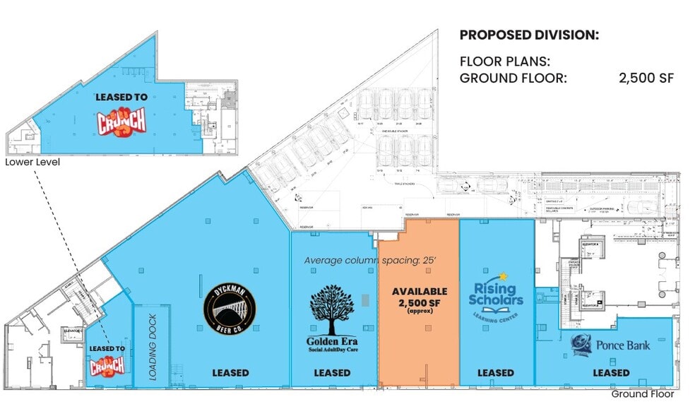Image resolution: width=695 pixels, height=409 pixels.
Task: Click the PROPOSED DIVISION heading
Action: click(x=529, y=35)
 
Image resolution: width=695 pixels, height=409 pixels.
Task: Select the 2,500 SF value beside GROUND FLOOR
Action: click(x=646, y=78)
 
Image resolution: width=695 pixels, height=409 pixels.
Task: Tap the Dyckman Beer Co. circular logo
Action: click(x=230, y=307)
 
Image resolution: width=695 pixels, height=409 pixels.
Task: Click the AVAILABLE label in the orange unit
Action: click(x=420, y=291)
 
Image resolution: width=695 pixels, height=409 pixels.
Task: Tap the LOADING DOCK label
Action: click(x=152, y=347)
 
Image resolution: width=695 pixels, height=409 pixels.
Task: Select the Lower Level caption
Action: click(x=32, y=162)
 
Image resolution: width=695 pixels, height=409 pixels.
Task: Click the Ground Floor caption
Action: click(x=642, y=395)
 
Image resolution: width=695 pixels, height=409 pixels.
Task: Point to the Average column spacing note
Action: click(x=370, y=260)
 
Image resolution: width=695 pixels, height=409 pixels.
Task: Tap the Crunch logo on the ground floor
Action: click(x=107, y=364)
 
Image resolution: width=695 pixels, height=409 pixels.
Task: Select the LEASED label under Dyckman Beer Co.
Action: click(x=230, y=372)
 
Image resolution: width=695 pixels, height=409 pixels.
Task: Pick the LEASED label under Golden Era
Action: click(x=332, y=372)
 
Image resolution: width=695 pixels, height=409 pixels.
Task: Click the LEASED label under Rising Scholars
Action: click(x=495, y=372)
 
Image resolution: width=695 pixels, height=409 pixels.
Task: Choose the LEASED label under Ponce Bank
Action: click(x=611, y=372)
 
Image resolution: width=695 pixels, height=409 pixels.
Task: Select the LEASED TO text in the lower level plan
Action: click(x=121, y=98)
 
